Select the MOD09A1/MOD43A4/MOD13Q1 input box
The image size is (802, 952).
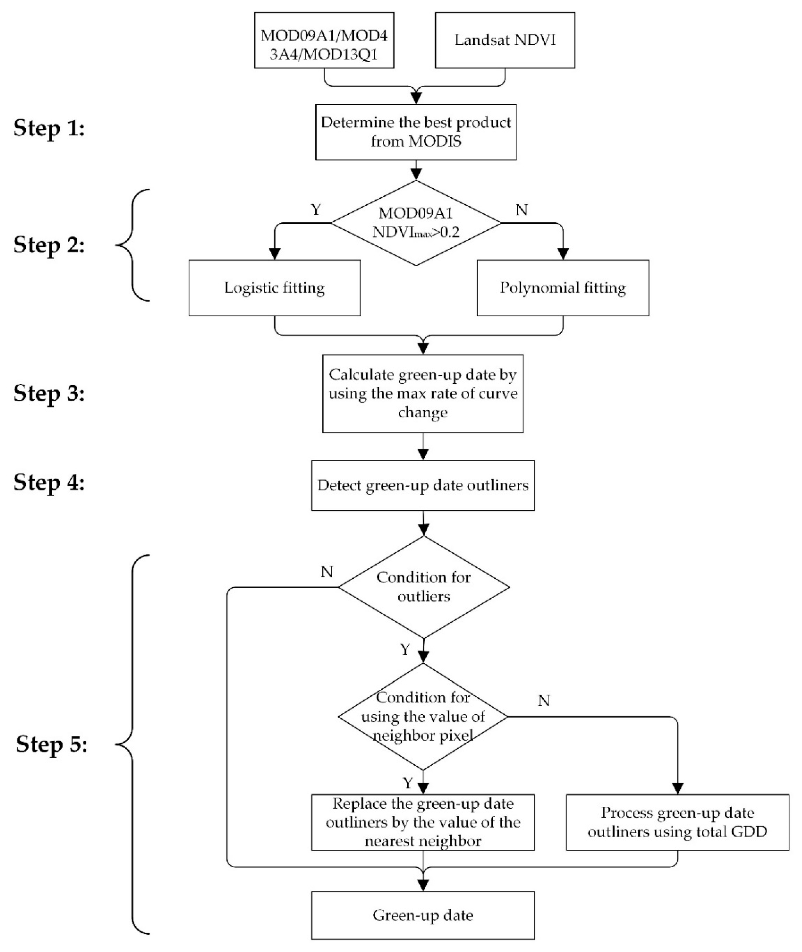pyautogui.click(x=324, y=40)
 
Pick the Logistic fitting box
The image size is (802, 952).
pyautogui.click(x=274, y=288)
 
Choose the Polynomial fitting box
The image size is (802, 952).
pyautogui.click(x=562, y=288)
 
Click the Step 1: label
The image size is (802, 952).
pyautogui.click(x=49, y=128)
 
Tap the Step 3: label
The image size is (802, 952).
pyautogui.click(x=49, y=393)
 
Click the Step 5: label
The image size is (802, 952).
pyautogui.click(x=51, y=745)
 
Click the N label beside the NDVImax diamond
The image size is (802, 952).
pyautogui.click(x=521, y=210)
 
